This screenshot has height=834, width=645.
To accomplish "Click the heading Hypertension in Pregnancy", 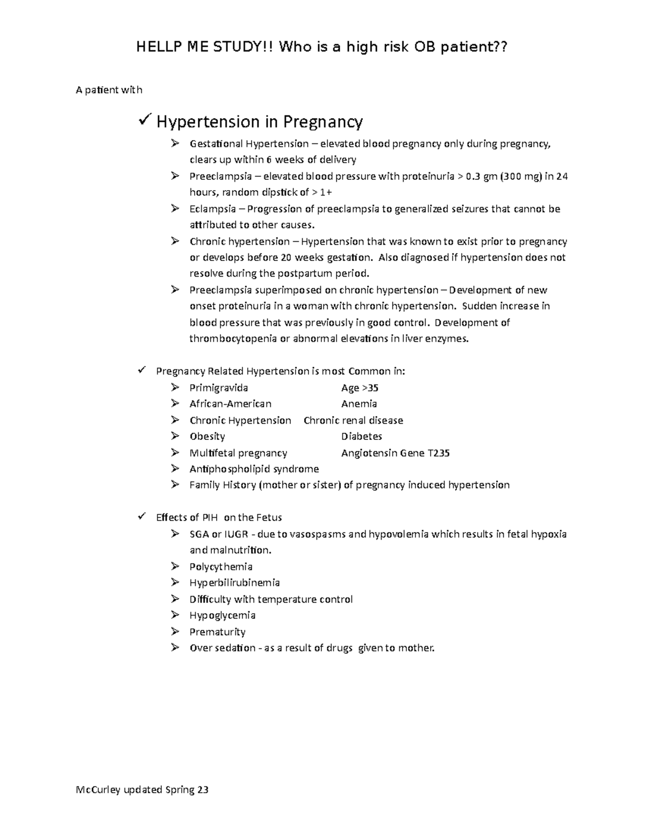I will pyautogui.click(x=259, y=122).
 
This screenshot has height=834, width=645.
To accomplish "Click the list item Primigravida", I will pyautogui.click(x=219, y=388).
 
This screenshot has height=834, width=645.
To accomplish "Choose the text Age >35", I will pyautogui.click(x=360, y=388).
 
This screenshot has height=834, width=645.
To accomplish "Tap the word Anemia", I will pyautogui.click(x=359, y=404).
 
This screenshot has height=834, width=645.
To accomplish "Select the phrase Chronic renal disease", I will pyautogui.click(x=353, y=420).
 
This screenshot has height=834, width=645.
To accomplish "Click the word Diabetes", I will pyautogui.click(x=362, y=436).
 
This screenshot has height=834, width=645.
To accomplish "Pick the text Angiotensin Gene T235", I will pyautogui.click(x=395, y=453).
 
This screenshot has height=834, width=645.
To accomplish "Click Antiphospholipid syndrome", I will pyautogui.click(x=254, y=469).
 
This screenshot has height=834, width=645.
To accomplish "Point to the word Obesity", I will pyautogui.click(x=207, y=436).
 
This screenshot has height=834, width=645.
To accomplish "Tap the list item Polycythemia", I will pyautogui.click(x=221, y=567).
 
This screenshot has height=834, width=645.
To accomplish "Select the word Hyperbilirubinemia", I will pyautogui.click(x=234, y=583).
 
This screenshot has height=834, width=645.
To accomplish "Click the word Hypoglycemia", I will pyautogui.click(x=223, y=615).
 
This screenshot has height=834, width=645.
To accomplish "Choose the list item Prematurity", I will pyautogui.click(x=217, y=632).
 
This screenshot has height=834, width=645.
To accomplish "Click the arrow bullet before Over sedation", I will pyautogui.click(x=175, y=648).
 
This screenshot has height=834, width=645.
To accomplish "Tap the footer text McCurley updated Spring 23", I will pyautogui.click(x=142, y=789).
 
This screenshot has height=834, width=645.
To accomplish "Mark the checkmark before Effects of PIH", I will pyautogui.click(x=142, y=517).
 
